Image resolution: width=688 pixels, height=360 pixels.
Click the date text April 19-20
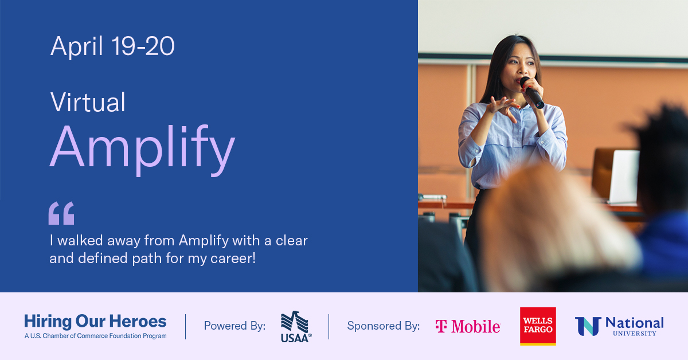(112, 46)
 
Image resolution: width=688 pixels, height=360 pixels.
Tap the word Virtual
(88, 102)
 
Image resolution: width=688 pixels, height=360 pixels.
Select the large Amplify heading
(142, 150)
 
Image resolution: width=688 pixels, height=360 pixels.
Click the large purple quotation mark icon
(61, 213)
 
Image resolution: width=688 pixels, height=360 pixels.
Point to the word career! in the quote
(233, 259)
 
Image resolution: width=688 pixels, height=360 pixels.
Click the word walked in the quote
(80, 240)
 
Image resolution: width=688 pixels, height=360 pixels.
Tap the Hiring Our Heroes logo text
(95, 321)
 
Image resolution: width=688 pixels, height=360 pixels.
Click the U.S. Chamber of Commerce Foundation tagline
(96, 336)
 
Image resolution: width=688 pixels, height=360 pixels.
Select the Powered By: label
(234, 326)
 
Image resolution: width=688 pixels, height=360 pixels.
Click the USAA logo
(296, 327)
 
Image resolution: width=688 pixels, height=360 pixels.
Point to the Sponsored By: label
(384, 326)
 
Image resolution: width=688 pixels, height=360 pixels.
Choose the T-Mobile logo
(468, 326)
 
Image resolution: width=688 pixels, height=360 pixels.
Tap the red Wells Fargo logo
(538, 326)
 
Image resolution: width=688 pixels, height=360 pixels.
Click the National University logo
(619, 326)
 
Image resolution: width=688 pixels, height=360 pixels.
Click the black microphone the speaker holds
(532, 92)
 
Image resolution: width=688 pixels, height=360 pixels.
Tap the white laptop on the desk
(624, 177)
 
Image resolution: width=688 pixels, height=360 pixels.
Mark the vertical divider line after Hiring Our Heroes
(186, 327)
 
